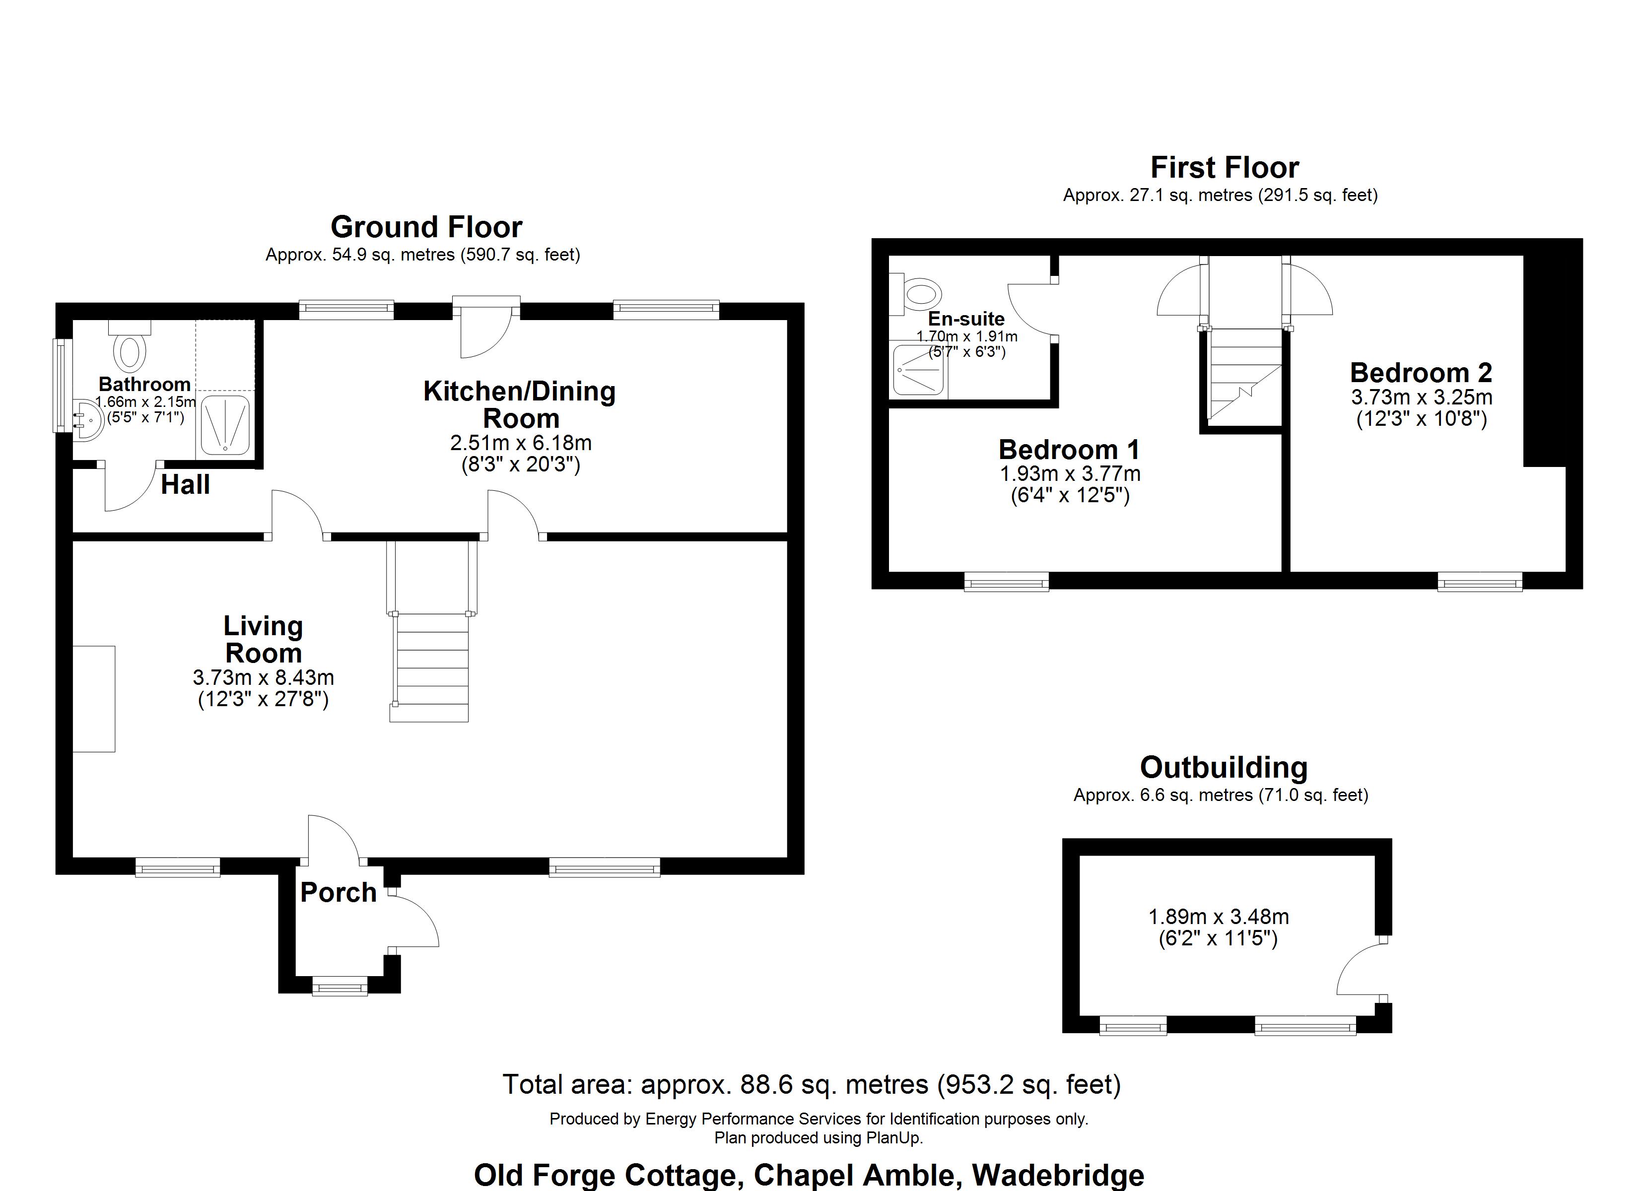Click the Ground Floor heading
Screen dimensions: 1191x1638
click(x=426, y=227)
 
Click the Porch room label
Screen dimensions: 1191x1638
click(x=338, y=893)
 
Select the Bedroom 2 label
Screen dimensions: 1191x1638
click(x=1421, y=373)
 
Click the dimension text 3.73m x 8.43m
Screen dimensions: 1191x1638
click(x=263, y=677)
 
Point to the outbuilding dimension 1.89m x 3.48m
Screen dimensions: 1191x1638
click(x=1219, y=917)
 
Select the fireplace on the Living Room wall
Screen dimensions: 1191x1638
click(x=94, y=698)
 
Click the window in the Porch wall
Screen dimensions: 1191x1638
click(x=340, y=986)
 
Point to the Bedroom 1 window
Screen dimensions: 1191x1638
click(x=1006, y=582)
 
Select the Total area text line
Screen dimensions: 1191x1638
click(x=811, y=1085)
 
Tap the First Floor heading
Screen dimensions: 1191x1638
click(x=1224, y=168)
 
